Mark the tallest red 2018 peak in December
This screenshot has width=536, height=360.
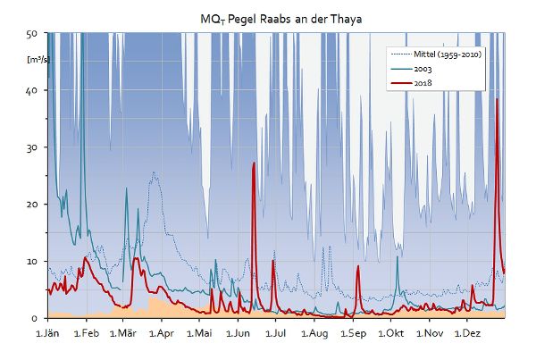497,99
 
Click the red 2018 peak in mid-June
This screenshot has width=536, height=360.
255,163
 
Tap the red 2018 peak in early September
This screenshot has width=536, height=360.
358,266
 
